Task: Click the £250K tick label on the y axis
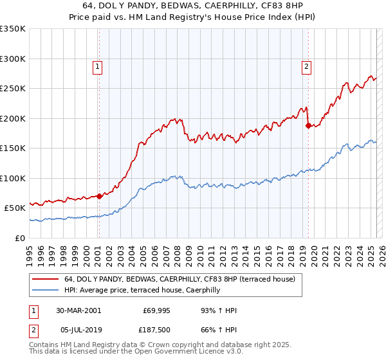[12, 89]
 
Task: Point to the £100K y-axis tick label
[12, 178]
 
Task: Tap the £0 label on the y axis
[20, 238]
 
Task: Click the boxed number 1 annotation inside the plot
[98, 66]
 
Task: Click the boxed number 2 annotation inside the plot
[307, 66]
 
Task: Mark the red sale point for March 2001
[99, 197]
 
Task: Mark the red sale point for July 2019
[308, 126]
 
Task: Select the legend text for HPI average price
[142, 291]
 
